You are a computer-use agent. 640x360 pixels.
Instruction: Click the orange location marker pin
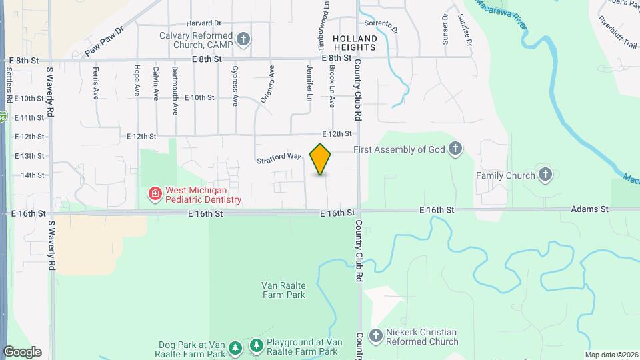(x=321, y=159)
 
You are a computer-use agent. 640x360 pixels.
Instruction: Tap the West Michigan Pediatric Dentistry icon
(x=155, y=194)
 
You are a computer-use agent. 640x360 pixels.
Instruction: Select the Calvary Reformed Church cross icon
(x=243, y=39)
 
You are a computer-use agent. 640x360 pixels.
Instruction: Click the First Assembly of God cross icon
(x=455, y=149)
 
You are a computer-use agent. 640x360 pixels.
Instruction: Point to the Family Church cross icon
(x=545, y=175)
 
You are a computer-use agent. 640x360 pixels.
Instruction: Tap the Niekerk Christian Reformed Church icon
(x=376, y=336)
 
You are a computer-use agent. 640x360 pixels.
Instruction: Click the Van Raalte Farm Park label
(x=283, y=289)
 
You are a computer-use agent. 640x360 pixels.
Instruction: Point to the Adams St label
(x=590, y=209)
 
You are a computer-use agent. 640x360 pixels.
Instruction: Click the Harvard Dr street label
(x=185, y=23)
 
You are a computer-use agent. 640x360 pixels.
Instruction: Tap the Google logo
(x=22, y=351)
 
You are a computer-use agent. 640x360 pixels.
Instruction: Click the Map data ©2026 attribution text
(x=611, y=355)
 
